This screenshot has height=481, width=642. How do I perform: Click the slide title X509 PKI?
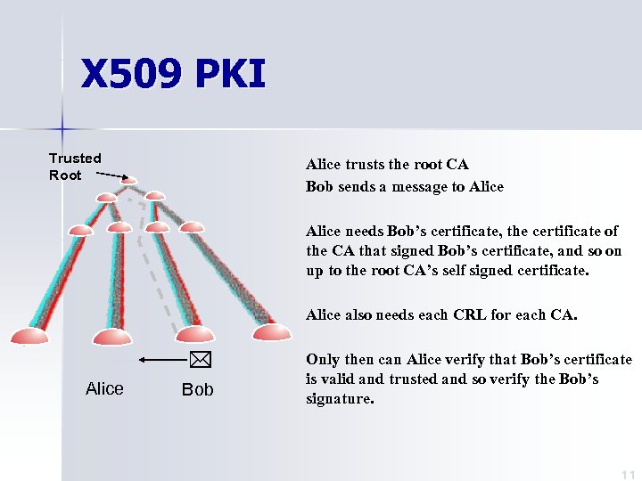[x=173, y=75]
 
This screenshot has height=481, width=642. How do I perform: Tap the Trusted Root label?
[x=75, y=167]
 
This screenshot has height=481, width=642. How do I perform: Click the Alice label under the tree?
[x=104, y=388]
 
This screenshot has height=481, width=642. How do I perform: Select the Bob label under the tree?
[x=197, y=390]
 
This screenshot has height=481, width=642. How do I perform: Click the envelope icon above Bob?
[x=198, y=361]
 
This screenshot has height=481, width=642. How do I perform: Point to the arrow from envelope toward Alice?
[x=161, y=361]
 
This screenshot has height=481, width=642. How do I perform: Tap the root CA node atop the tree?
[x=129, y=182]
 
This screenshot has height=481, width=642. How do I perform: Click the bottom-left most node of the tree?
[x=29, y=336]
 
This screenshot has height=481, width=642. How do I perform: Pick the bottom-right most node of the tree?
[x=271, y=332]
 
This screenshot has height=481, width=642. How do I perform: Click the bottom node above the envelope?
[x=195, y=334]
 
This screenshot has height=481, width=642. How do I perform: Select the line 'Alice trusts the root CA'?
[x=387, y=164]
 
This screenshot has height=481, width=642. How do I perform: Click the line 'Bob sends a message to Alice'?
[x=404, y=186]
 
